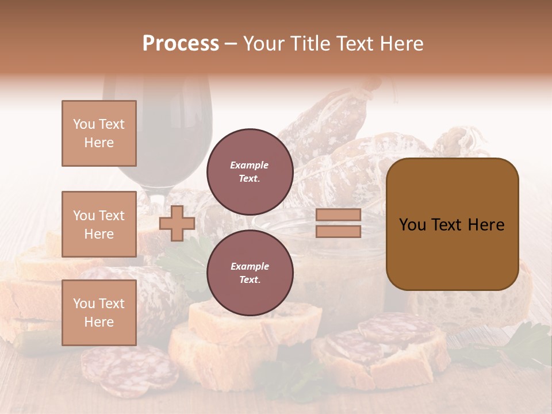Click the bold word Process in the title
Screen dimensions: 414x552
181,44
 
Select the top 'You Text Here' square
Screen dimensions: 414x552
99,133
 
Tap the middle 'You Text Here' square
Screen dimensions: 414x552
99,224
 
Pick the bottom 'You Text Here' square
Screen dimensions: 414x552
99,312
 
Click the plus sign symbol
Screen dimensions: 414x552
177,223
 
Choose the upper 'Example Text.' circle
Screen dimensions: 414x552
250,172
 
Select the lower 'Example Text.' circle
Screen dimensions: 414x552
250,273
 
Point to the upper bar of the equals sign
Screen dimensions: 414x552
338,215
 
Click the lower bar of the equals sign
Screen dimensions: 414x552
338,231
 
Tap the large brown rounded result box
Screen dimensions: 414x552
452,224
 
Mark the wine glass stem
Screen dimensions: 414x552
155,198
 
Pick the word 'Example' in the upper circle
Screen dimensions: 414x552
250,165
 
